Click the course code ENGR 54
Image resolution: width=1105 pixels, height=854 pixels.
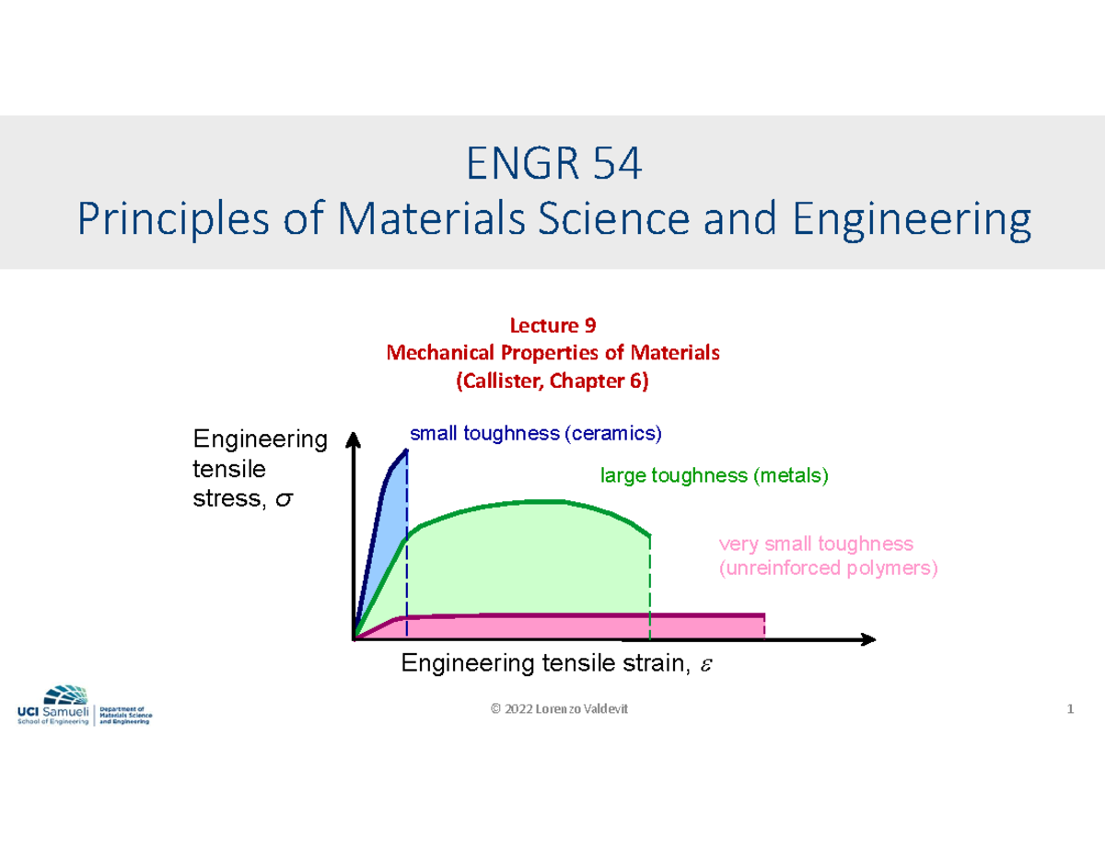point(552,166)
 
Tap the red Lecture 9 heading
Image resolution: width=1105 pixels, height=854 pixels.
point(552,325)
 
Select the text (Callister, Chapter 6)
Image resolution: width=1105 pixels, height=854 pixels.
point(552,381)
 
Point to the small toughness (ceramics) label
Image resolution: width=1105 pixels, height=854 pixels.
point(536,433)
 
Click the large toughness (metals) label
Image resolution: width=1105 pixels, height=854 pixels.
point(715,476)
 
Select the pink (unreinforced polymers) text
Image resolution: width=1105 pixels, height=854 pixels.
point(828,568)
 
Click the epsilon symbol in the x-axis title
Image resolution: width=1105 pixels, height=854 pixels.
point(705,664)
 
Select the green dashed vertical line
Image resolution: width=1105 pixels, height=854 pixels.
point(650,590)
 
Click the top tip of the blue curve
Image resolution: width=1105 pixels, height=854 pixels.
point(406,450)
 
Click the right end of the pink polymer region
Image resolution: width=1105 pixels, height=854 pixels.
point(763,626)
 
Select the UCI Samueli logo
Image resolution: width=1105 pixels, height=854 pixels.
point(84,707)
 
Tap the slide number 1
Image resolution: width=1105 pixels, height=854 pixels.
point(1070,708)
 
